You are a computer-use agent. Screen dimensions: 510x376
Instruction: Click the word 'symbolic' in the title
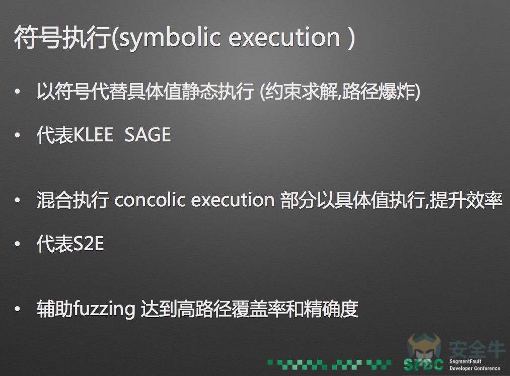[x=171, y=37]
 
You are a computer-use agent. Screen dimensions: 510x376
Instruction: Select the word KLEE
[x=93, y=135]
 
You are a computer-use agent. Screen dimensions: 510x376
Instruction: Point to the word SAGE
[x=148, y=135]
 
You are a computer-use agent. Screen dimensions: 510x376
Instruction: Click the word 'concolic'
[x=150, y=200]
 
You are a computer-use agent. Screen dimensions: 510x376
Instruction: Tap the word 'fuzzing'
[x=104, y=310]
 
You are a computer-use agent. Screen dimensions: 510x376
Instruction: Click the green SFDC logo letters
[x=423, y=364]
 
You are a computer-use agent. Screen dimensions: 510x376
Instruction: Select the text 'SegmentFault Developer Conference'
[x=475, y=365]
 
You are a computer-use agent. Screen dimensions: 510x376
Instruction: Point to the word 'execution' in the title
[x=284, y=37]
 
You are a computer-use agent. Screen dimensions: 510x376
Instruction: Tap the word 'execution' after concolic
[x=233, y=200]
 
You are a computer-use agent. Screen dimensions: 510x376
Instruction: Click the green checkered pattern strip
[x=329, y=364]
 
